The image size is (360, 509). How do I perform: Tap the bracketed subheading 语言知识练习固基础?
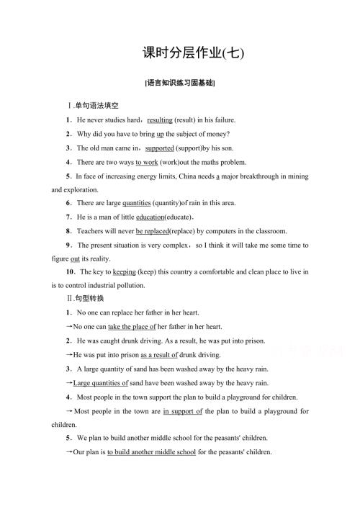click(x=180, y=83)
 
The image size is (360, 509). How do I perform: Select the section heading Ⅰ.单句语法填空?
click(x=89, y=106)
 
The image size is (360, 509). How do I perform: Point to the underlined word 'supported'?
click(x=160, y=148)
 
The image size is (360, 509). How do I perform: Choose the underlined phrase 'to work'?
click(x=146, y=162)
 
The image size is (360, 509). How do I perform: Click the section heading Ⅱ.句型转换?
click(x=85, y=298)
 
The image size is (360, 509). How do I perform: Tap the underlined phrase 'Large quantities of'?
click(x=101, y=382)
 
